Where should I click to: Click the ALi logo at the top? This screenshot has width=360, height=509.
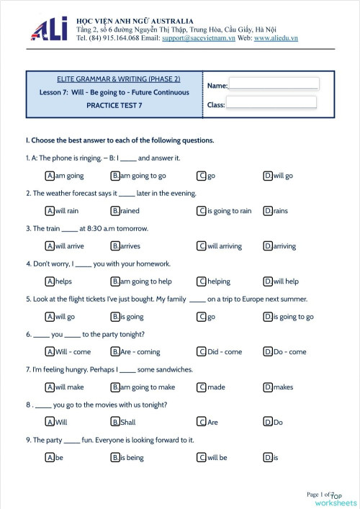[49, 29]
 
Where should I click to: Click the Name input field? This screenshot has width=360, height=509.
[273, 84]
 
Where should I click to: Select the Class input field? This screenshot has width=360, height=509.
[271, 103]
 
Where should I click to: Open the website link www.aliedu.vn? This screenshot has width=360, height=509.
[276, 37]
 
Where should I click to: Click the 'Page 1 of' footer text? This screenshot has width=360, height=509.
[318, 495]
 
